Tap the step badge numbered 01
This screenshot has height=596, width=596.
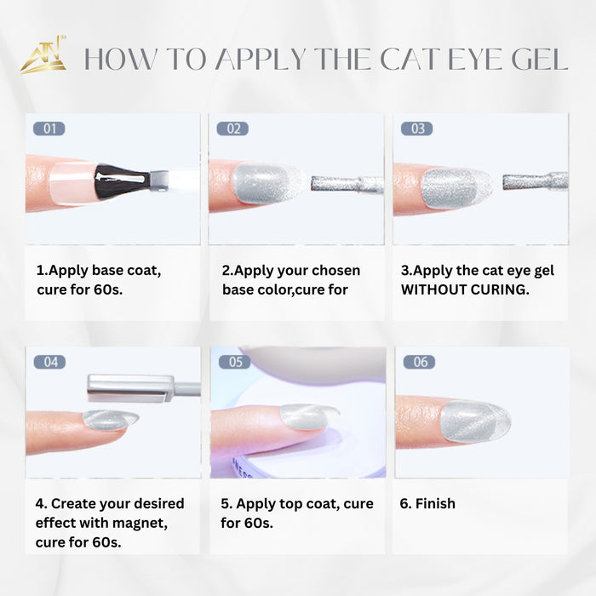coord(49,129)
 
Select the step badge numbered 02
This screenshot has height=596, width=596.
coord(232,129)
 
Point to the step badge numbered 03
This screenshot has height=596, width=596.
coord(417,129)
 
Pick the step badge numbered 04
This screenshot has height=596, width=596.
coord(49,362)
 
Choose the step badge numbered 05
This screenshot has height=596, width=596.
coord(234,362)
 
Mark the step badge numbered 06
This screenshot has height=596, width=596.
coord(419,362)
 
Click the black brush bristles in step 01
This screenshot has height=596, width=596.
coord(121,181)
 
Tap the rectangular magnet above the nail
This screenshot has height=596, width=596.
coord(130,388)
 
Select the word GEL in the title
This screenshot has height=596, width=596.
coord(539,60)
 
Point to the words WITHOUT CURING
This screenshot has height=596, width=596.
coord(465,289)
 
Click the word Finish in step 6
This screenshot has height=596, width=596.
coord(435,504)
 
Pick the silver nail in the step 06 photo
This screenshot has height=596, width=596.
coord(475,421)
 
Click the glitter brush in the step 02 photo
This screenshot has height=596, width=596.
coord(347,184)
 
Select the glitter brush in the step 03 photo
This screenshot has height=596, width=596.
coord(536,181)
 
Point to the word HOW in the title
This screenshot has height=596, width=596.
coord(119,60)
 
